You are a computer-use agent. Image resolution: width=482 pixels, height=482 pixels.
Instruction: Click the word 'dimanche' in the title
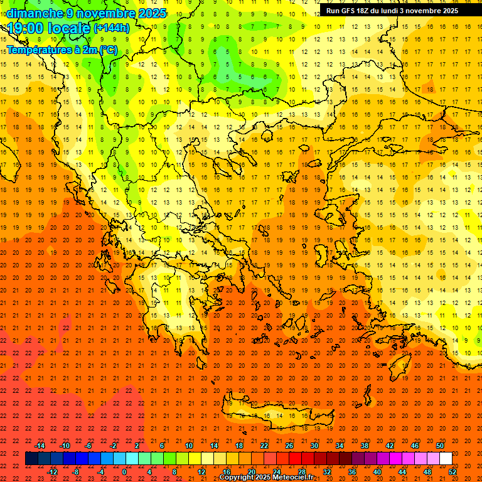pos(34,13)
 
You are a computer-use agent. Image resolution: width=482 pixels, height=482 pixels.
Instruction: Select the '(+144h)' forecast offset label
pos(111,28)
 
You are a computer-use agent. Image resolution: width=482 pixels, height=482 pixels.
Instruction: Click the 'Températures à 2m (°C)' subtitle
pos(62,49)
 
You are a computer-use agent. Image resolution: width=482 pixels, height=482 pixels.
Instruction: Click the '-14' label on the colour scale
pos(40,446)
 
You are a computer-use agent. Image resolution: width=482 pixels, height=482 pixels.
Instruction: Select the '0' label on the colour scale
pos(124,472)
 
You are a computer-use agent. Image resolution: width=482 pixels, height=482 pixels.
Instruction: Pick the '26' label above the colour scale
pos(289,446)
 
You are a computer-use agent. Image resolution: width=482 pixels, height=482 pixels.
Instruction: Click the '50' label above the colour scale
pos(440,446)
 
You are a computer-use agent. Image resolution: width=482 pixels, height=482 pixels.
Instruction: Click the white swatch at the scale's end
pos(446,459)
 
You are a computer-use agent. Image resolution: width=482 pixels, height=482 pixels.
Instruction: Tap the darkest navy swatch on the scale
pos(31,459)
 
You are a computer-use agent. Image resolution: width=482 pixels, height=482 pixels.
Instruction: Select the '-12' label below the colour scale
pos(52,472)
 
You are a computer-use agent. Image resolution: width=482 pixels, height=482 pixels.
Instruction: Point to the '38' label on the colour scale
pos(365,446)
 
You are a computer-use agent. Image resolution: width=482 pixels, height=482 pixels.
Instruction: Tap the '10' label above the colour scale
pos(189,446)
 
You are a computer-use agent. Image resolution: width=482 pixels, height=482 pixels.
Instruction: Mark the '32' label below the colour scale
pos(327,472)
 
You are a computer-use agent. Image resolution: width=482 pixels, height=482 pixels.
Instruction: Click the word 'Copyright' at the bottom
pos(237,478)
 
